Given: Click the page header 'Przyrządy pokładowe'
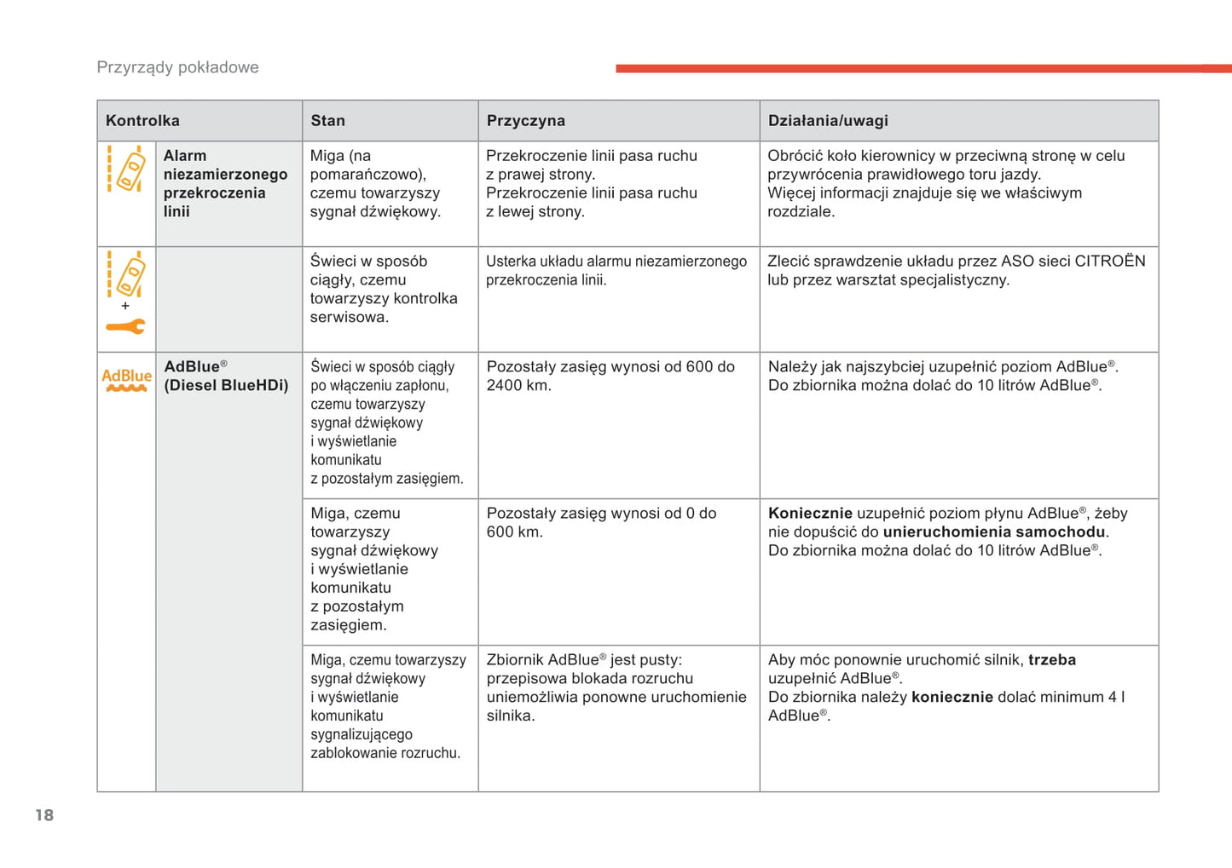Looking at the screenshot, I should [x=177, y=67].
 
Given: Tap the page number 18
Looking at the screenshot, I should [x=44, y=815].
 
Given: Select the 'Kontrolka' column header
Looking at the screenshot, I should [x=142, y=121].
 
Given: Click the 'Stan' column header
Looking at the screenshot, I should [x=328, y=121].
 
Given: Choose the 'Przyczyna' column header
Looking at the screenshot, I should [x=525, y=121].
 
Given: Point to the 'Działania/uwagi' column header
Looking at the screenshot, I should [x=828, y=121].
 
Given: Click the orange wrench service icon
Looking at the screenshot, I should [x=125, y=326].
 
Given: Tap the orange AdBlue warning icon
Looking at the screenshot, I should [x=126, y=380].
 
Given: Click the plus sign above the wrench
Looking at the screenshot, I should [x=125, y=306].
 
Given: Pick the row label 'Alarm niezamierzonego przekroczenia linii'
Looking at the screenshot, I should [x=225, y=183].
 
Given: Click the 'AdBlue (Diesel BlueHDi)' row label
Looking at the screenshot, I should [x=226, y=376].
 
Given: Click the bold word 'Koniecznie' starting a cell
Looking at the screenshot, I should [x=810, y=514].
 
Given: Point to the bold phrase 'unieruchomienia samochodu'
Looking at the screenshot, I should [x=993, y=532].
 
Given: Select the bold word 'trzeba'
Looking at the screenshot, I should [x=1052, y=660].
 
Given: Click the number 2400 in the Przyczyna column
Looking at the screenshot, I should [x=503, y=386].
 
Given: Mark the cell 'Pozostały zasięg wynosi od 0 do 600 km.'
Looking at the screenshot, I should [x=601, y=522].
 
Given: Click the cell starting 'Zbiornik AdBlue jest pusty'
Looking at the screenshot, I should [x=616, y=687].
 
